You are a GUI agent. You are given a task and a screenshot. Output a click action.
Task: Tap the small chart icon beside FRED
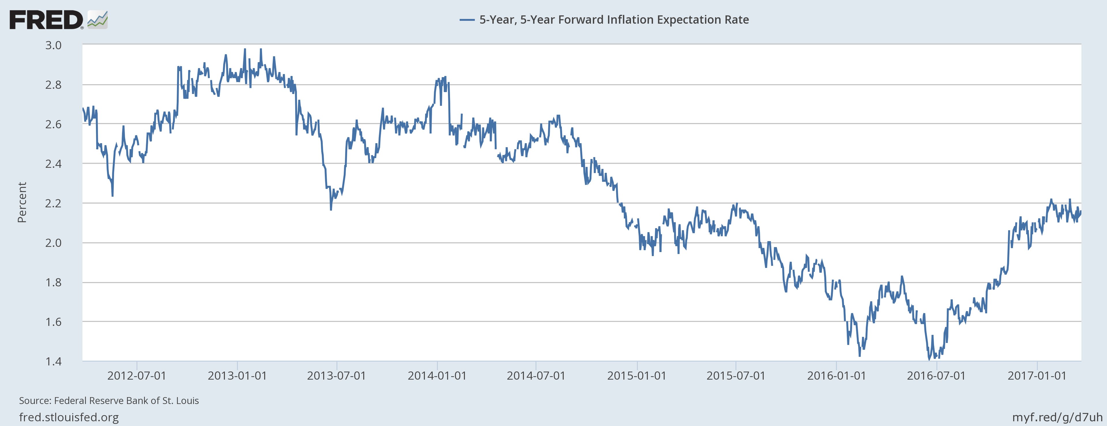[97, 20]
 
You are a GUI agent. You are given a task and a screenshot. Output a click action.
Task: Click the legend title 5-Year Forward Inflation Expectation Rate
[614, 20]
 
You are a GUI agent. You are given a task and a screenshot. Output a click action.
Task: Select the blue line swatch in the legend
[467, 20]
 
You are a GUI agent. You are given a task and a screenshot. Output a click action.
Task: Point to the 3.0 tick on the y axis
[53, 45]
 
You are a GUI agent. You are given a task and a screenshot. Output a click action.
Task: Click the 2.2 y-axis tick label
[53, 203]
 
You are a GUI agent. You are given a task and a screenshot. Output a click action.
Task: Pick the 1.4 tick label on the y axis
[53, 361]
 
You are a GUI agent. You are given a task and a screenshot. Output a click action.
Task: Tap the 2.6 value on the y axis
[53, 124]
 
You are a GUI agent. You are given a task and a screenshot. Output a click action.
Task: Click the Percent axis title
[22, 202]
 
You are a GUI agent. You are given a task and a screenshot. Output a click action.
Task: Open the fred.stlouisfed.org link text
[69, 417]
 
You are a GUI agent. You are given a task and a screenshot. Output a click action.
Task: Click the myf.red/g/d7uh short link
[1057, 417]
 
